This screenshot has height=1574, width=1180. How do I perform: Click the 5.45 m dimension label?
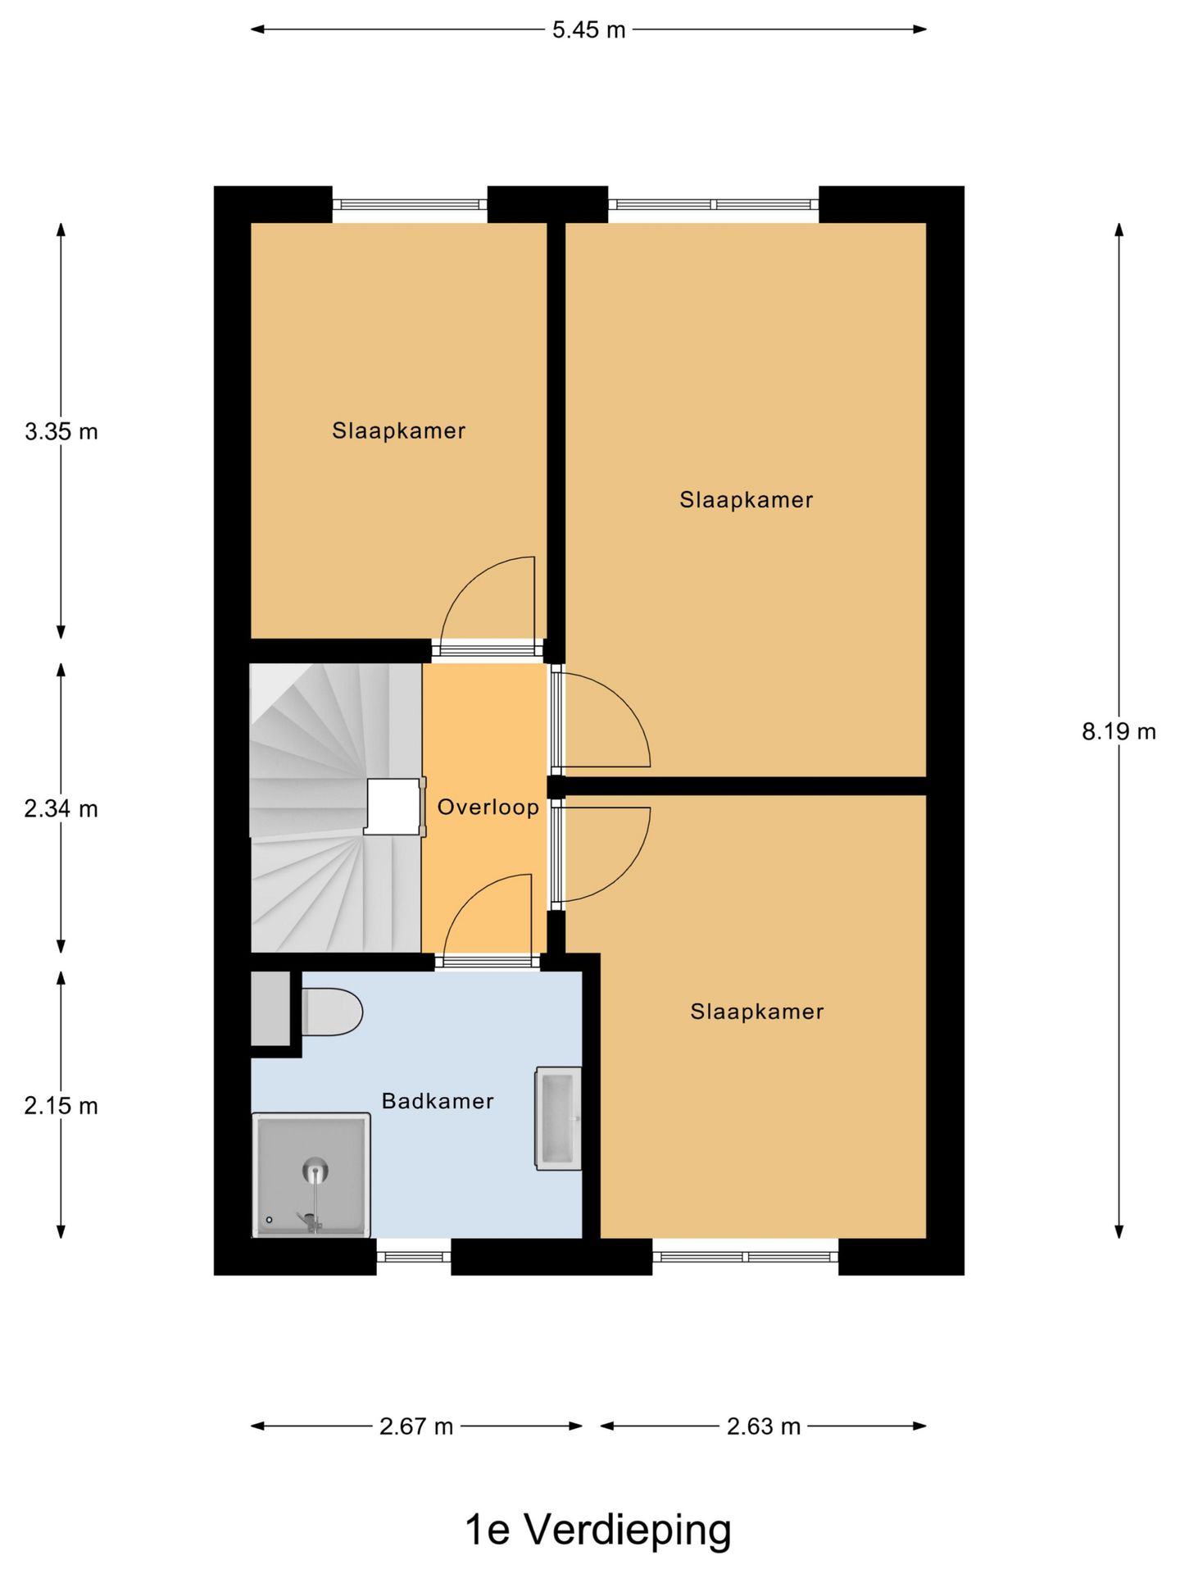coord(588,30)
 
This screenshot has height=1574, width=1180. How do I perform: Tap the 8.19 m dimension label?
coord(1118,731)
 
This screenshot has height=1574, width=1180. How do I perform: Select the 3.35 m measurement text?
coord(61,431)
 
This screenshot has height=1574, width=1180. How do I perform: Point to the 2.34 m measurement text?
coord(61,809)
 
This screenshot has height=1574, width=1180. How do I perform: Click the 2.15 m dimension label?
coord(61,1106)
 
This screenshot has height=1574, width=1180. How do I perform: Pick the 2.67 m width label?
coord(416,1426)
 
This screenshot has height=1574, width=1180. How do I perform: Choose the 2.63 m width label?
coord(763,1426)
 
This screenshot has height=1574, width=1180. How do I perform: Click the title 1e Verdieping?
coord(597,1529)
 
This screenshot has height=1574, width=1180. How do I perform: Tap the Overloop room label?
coord(488,807)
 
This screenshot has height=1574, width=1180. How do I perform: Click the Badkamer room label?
coord(438,1101)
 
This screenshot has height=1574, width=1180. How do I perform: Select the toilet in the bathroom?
coord(332,1012)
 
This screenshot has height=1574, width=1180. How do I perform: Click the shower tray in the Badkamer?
coord(311,1175)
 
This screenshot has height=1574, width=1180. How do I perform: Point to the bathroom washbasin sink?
coord(559,1118)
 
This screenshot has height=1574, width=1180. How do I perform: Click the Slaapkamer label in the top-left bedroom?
coord(398,431)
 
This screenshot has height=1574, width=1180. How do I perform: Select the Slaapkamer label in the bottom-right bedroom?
coord(756,1012)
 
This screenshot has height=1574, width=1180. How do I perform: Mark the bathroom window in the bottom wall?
coord(414,1257)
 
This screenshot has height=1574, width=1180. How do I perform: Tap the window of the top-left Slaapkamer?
coord(410,204)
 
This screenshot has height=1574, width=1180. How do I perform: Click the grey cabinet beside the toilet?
coord(270,1008)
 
